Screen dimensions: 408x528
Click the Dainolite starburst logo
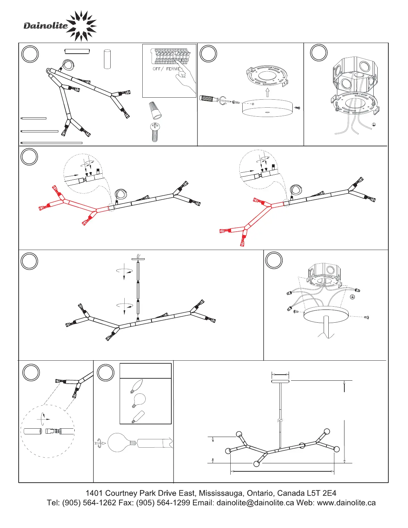(81, 26)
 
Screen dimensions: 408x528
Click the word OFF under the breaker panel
(156, 69)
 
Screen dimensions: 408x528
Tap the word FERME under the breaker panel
(173, 69)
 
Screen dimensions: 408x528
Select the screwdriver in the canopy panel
(213, 99)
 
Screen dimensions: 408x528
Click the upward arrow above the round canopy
(268, 92)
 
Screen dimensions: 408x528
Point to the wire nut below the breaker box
(155, 111)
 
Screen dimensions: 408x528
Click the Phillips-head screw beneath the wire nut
(155, 132)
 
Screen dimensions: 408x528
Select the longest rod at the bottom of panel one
(52, 143)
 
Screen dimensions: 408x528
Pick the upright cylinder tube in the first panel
(107, 59)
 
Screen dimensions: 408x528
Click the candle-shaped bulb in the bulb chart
(137, 386)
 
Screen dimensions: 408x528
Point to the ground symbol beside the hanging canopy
(352, 297)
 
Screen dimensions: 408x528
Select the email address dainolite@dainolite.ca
(255, 503)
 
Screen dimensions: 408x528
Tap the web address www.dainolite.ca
(346, 503)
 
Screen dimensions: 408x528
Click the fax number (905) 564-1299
(163, 503)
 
